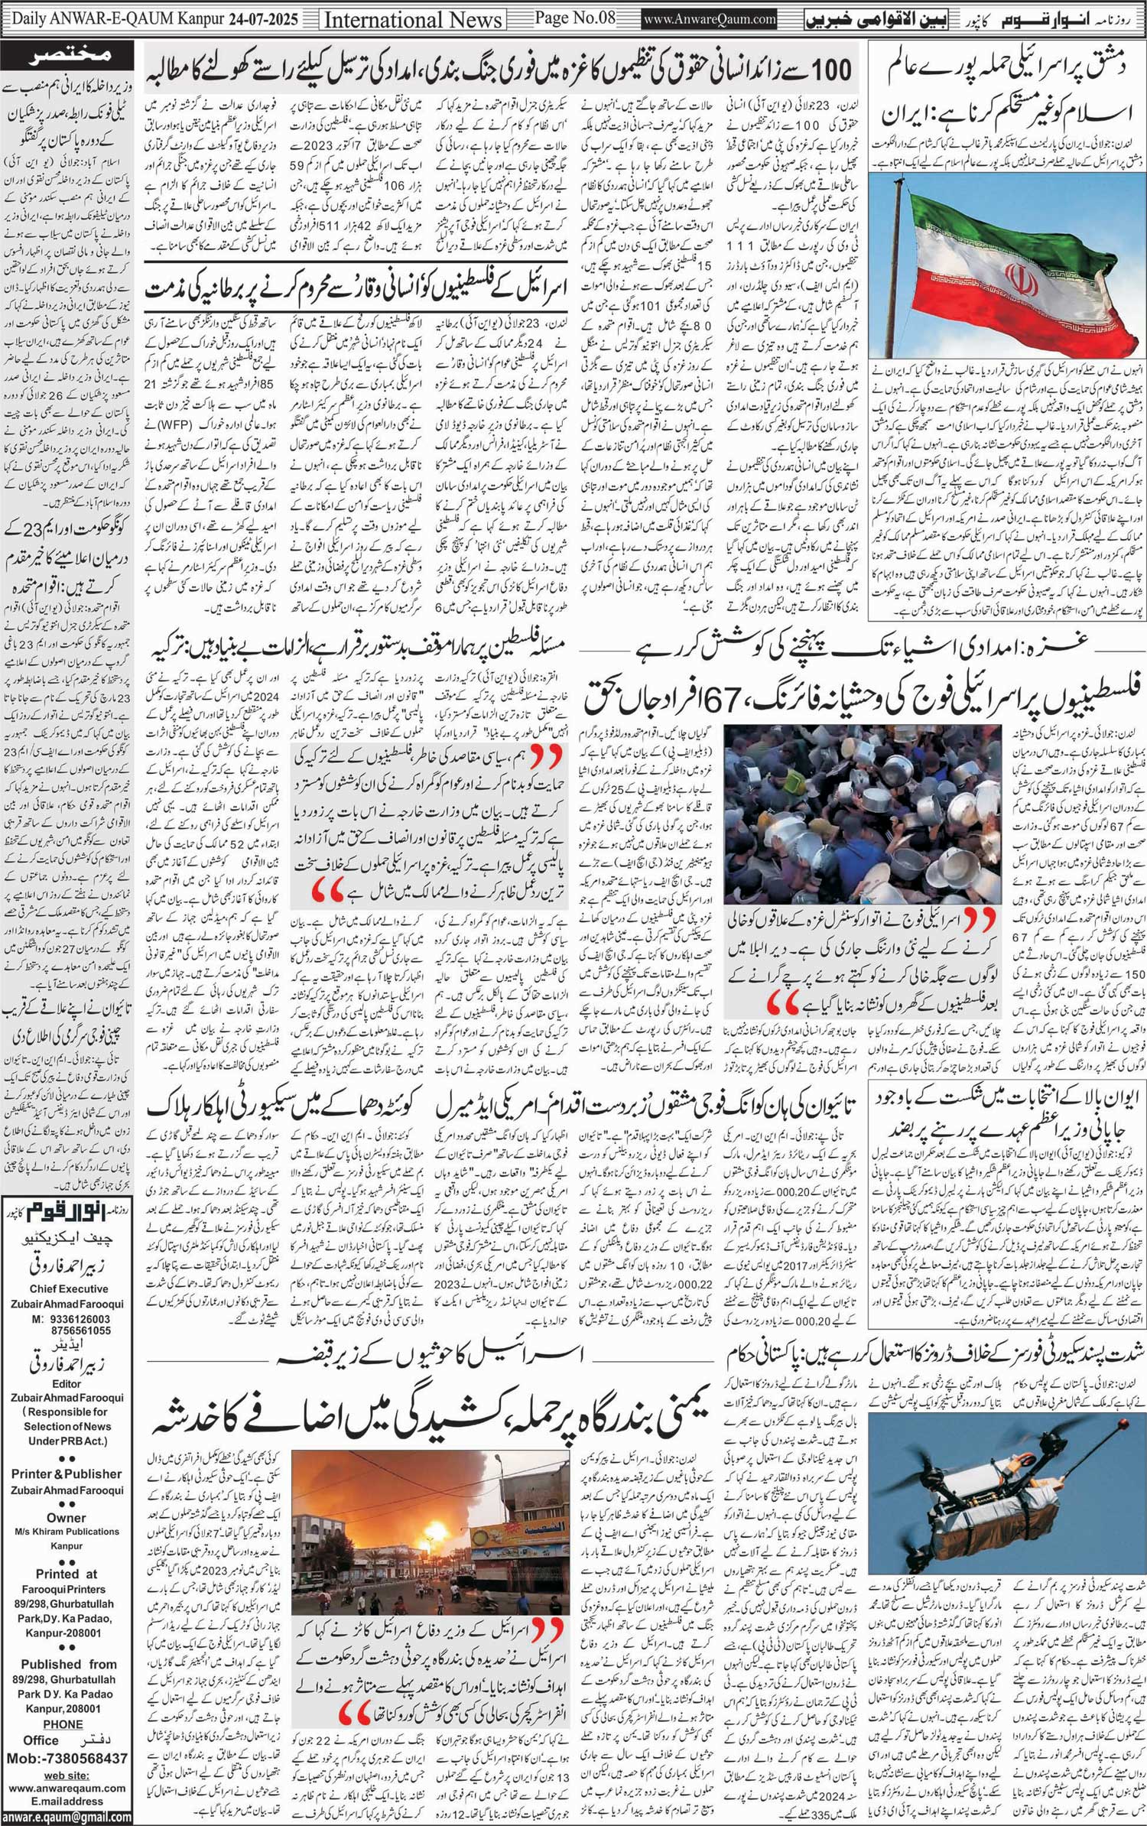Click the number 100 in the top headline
click(x=830, y=72)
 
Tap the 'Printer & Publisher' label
click(x=66, y=1473)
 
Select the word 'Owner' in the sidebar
click(x=66, y=1517)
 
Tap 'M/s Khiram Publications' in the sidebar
click(x=66, y=1531)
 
